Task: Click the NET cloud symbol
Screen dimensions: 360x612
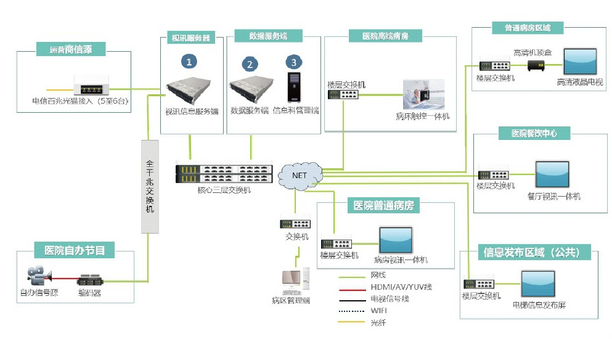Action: [300, 176]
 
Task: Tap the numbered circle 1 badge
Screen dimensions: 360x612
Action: [189, 61]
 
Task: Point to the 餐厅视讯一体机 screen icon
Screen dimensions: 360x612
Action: [553, 176]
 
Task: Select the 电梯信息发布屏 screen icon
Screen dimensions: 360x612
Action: [539, 285]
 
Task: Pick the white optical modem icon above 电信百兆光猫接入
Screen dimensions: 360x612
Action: [91, 84]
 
